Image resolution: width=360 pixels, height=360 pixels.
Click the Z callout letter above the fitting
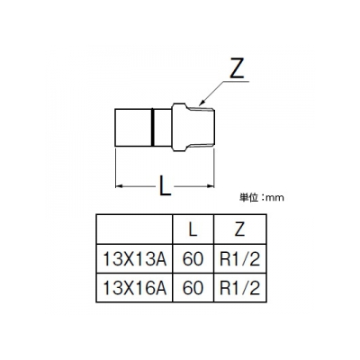[x=236, y=70]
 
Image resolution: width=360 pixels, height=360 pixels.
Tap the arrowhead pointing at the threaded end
[x=202, y=103]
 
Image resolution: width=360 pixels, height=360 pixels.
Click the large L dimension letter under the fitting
[x=165, y=186]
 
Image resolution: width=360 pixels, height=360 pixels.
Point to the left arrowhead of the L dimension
[x=119, y=186]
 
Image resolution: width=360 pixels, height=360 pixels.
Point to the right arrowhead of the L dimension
[x=211, y=186]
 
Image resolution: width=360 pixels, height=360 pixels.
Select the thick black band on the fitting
[x=152, y=127]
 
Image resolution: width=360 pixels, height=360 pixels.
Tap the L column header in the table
[x=193, y=229]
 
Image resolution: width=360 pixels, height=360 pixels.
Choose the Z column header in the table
[x=239, y=229]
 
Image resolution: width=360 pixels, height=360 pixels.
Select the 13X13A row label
[x=134, y=259]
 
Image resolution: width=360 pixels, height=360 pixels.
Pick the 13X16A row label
[x=134, y=288]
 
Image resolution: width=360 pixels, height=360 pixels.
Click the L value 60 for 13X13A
[x=193, y=259]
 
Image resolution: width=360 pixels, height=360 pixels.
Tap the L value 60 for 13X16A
[x=193, y=288]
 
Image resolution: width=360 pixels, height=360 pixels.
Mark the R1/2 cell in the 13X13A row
[x=239, y=259]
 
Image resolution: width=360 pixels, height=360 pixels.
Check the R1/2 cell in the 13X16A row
[x=239, y=288]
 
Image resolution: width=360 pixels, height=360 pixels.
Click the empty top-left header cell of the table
[x=134, y=229]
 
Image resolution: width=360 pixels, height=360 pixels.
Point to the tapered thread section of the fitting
[x=201, y=127]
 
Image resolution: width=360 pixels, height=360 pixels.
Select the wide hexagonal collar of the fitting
[x=179, y=127]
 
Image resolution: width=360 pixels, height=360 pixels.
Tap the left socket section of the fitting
[x=133, y=127]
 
